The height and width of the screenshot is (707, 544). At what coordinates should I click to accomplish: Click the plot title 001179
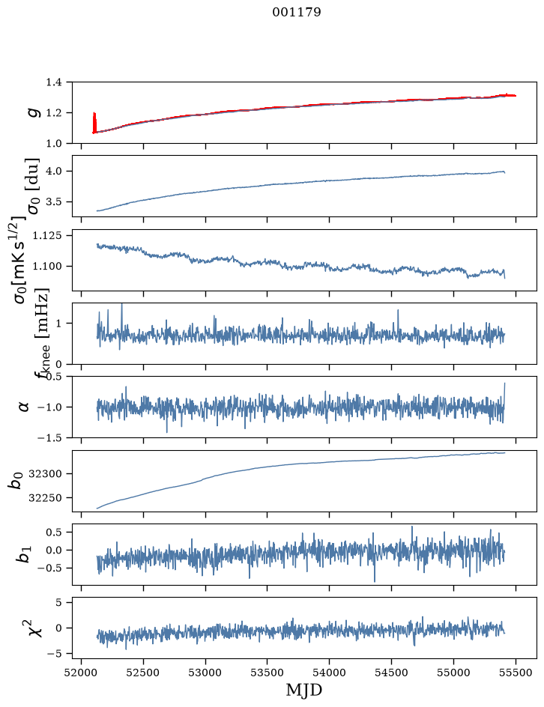point(297,12)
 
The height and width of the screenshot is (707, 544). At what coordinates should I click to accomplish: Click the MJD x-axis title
point(304,691)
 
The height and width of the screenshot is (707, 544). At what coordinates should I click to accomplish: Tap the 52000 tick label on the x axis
point(81,673)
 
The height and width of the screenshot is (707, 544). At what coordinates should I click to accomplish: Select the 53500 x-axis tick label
point(267,673)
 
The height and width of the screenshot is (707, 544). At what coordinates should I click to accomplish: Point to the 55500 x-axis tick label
point(516,673)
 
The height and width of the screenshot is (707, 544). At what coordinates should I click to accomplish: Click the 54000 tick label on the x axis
point(329,673)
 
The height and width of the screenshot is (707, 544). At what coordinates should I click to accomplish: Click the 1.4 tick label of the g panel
point(53,82)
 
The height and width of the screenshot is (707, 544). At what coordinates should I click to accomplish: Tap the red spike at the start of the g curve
point(94,123)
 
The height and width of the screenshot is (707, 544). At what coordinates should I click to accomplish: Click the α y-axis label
point(25,407)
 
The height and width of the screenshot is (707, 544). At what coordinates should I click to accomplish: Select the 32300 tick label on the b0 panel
point(45,474)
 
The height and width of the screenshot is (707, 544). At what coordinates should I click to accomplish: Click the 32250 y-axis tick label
point(45,498)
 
